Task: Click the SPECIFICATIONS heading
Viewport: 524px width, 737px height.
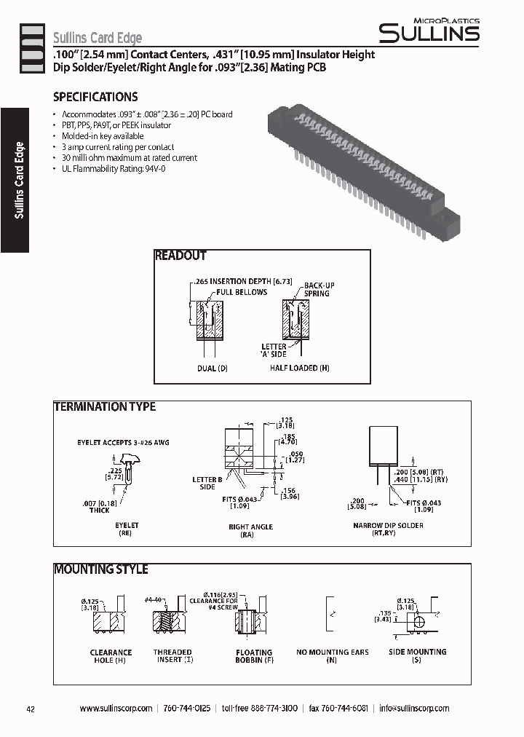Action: (95, 97)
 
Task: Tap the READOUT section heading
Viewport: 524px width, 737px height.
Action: (180, 256)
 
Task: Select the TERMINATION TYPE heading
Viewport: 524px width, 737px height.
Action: (105, 407)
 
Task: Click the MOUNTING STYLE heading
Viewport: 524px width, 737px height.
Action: (101, 569)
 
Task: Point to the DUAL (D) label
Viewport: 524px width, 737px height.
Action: (212, 368)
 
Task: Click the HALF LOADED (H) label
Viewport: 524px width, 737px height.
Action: (299, 368)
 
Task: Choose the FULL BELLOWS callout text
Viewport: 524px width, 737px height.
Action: (241, 292)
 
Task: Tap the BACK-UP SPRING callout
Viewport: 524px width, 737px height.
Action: (319, 289)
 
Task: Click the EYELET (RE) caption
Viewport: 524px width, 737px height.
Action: (127, 529)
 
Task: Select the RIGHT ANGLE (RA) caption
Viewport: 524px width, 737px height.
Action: (250, 530)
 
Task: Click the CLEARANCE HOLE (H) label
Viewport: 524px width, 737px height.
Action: (111, 656)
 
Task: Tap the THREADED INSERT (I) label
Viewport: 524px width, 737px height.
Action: (172, 656)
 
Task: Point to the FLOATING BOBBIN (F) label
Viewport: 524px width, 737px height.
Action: (254, 657)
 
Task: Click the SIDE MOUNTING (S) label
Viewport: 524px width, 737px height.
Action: (418, 656)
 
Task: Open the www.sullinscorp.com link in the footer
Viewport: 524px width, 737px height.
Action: (116, 709)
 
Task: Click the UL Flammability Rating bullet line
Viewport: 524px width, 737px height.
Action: (114, 169)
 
